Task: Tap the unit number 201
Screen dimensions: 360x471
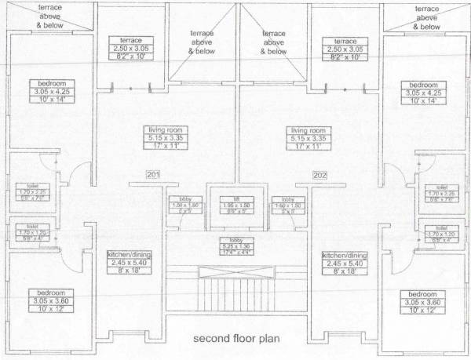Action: [153, 174]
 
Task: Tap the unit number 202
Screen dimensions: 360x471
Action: [319, 174]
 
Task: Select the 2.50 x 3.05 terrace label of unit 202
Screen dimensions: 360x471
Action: [345, 48]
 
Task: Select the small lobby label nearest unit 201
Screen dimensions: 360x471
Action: [184, 205]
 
